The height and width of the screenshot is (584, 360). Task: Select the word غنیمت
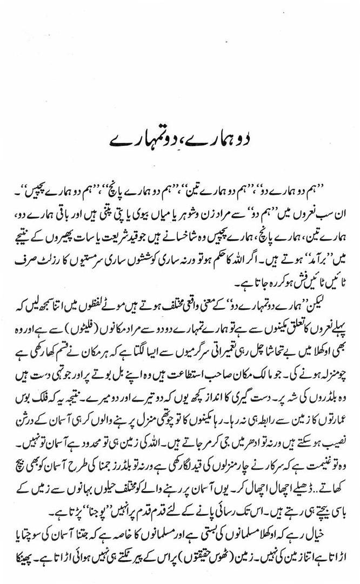(320, 401)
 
